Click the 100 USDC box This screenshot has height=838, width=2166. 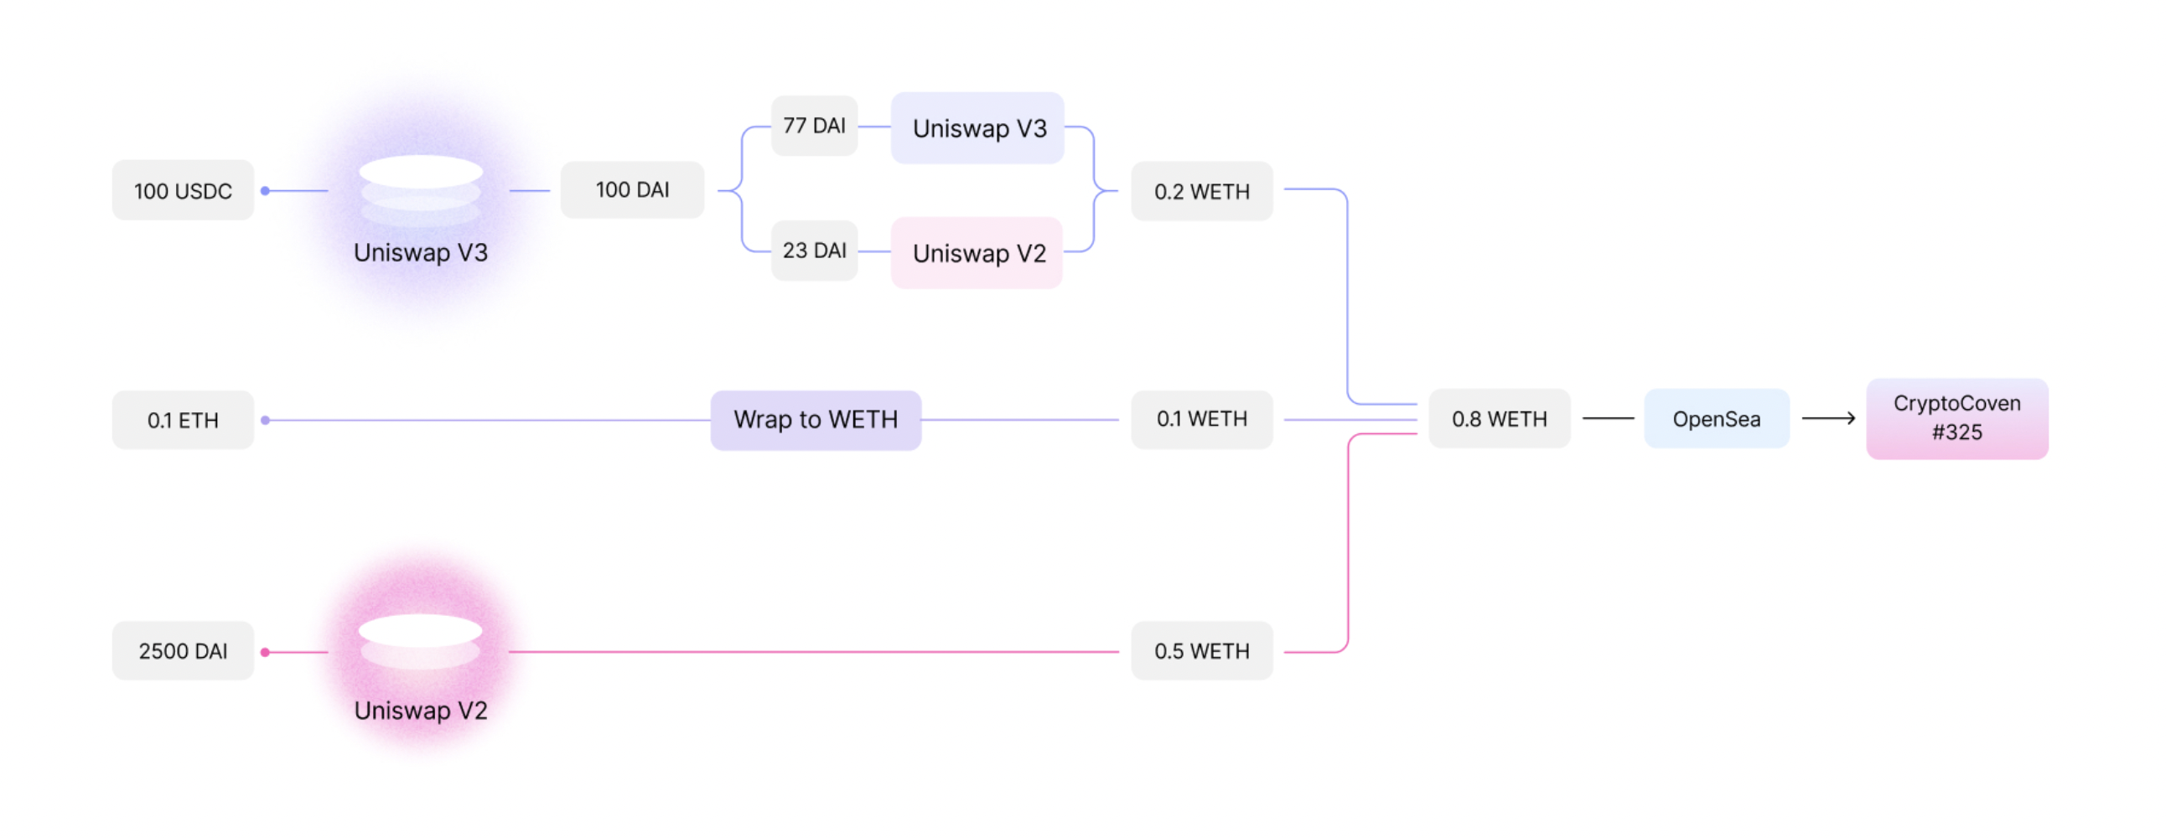[183, 191]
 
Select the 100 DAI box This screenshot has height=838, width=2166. [632, 190]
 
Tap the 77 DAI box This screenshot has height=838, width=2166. [814, 126]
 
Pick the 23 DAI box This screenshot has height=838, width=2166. [814, 251]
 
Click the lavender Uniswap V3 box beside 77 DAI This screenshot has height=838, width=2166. [978, 127]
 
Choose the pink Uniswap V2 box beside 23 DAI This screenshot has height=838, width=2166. [977, 253]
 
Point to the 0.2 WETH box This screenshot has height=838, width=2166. [1201, 192]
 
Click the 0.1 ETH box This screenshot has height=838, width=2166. [183, 421]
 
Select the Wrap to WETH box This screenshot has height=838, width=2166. [816, 421]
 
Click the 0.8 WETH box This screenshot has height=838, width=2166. [1500, 418]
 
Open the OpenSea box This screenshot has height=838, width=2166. [1716, 418]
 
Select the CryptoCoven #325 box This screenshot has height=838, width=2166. [1956, 418]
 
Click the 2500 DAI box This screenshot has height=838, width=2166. [183, 651]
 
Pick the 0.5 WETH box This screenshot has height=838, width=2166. [1201, 651]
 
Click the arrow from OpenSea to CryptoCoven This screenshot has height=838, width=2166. [1829, 417]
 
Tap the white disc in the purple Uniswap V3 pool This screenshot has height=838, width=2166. [421, 172]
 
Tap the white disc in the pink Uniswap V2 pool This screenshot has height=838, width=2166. [421, 630]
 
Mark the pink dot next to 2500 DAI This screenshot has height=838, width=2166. [265, 652]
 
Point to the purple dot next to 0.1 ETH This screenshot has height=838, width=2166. [265, 421]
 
